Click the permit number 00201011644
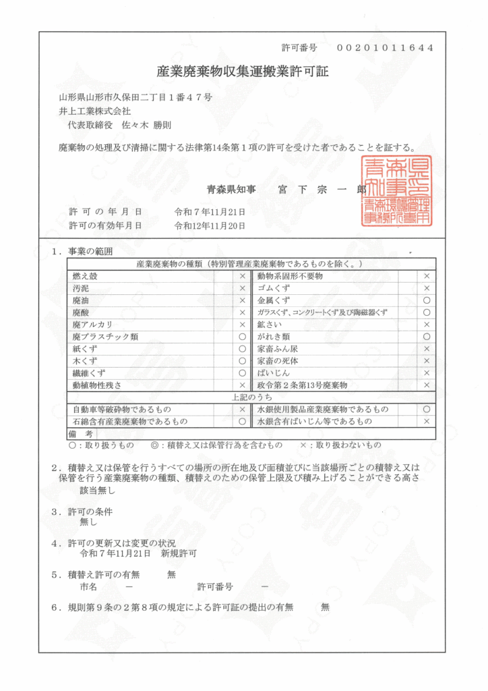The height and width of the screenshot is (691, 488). (x=384, y=48)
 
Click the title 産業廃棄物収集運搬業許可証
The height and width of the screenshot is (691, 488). (x=243, y=72)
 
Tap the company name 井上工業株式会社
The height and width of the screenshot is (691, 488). (x=95, y=111)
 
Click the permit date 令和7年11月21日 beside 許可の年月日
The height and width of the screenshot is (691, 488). (x=210, y=211)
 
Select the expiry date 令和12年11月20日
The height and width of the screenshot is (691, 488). (x=210, y=225)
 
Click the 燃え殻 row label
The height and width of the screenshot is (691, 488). (x=85, y=276)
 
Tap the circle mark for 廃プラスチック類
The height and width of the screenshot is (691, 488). (x=243, y=336)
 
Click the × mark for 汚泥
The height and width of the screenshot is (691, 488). (x=243, y=288)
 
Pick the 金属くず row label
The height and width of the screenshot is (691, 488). (x=273, y=300)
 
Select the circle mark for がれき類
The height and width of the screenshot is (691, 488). (x=426, y=336)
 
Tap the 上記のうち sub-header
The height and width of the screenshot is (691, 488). (x=251, y=397)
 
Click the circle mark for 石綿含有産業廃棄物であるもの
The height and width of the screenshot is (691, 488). (x=243, y=421)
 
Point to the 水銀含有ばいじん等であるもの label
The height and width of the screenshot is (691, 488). (x=314, y=421)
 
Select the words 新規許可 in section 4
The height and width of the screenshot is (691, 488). (x=179, y=553)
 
